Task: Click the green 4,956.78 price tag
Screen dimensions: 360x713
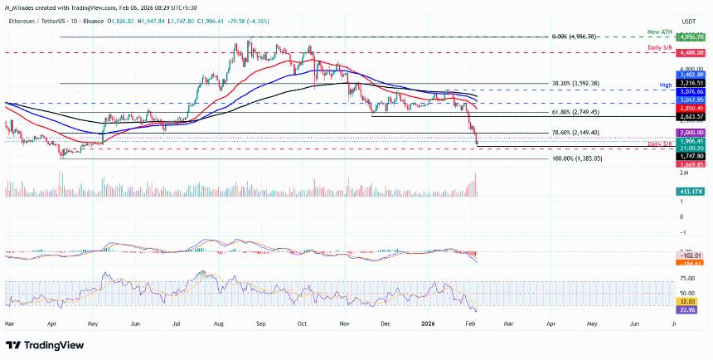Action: coord(690,37)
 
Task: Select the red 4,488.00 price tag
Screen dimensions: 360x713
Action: coord(690,51)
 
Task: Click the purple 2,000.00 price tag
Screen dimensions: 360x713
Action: coord(690,133)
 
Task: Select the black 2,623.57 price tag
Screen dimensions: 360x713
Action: coord(690,117)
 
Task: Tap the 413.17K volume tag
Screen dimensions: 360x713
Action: coord(690,192)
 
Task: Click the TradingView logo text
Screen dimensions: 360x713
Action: coord(50,345)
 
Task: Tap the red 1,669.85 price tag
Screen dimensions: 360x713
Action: coord(690,164)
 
